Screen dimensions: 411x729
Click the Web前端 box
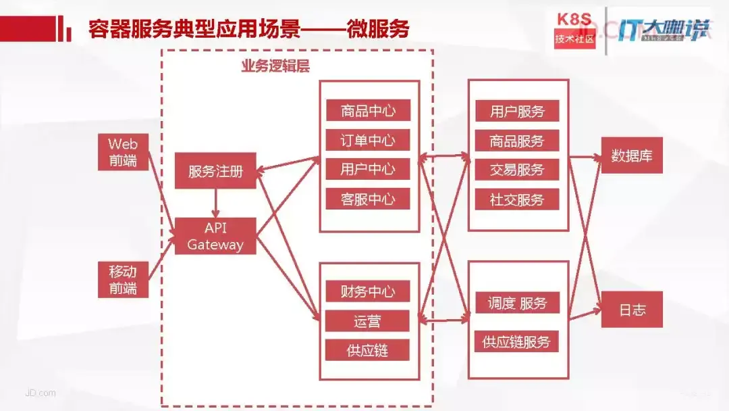[x=123, y=152]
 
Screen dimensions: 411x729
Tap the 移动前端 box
[x=123, y=280]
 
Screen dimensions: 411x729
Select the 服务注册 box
[x=215, y=171]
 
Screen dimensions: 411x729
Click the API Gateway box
[x=215, y=235]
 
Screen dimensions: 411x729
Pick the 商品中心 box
[x=368, y=111]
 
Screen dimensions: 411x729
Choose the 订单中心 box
[x=368, y=141]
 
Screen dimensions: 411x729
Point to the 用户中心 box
[x=368, y=169]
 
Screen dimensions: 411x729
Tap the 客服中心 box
[x=368, y=199]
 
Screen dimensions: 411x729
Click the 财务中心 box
[x=368, y=292]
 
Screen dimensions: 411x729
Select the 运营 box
[x=368, y=321]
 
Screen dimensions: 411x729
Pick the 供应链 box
[x=368, y=350]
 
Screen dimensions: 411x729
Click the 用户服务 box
[x=517, y=112]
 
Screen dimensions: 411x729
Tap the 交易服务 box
[x=517, y=170]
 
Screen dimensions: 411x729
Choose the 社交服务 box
[x=517, y=199]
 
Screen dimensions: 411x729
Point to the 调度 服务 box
[x=517, y=304]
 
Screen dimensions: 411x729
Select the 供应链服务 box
[x=517, y=342]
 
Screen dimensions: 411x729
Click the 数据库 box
[x=632, y=156]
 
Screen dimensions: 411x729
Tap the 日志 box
[x=632, y=310]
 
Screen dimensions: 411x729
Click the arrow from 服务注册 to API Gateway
[x=215, y=203]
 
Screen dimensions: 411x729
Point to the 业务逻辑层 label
[x=275, y=66]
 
